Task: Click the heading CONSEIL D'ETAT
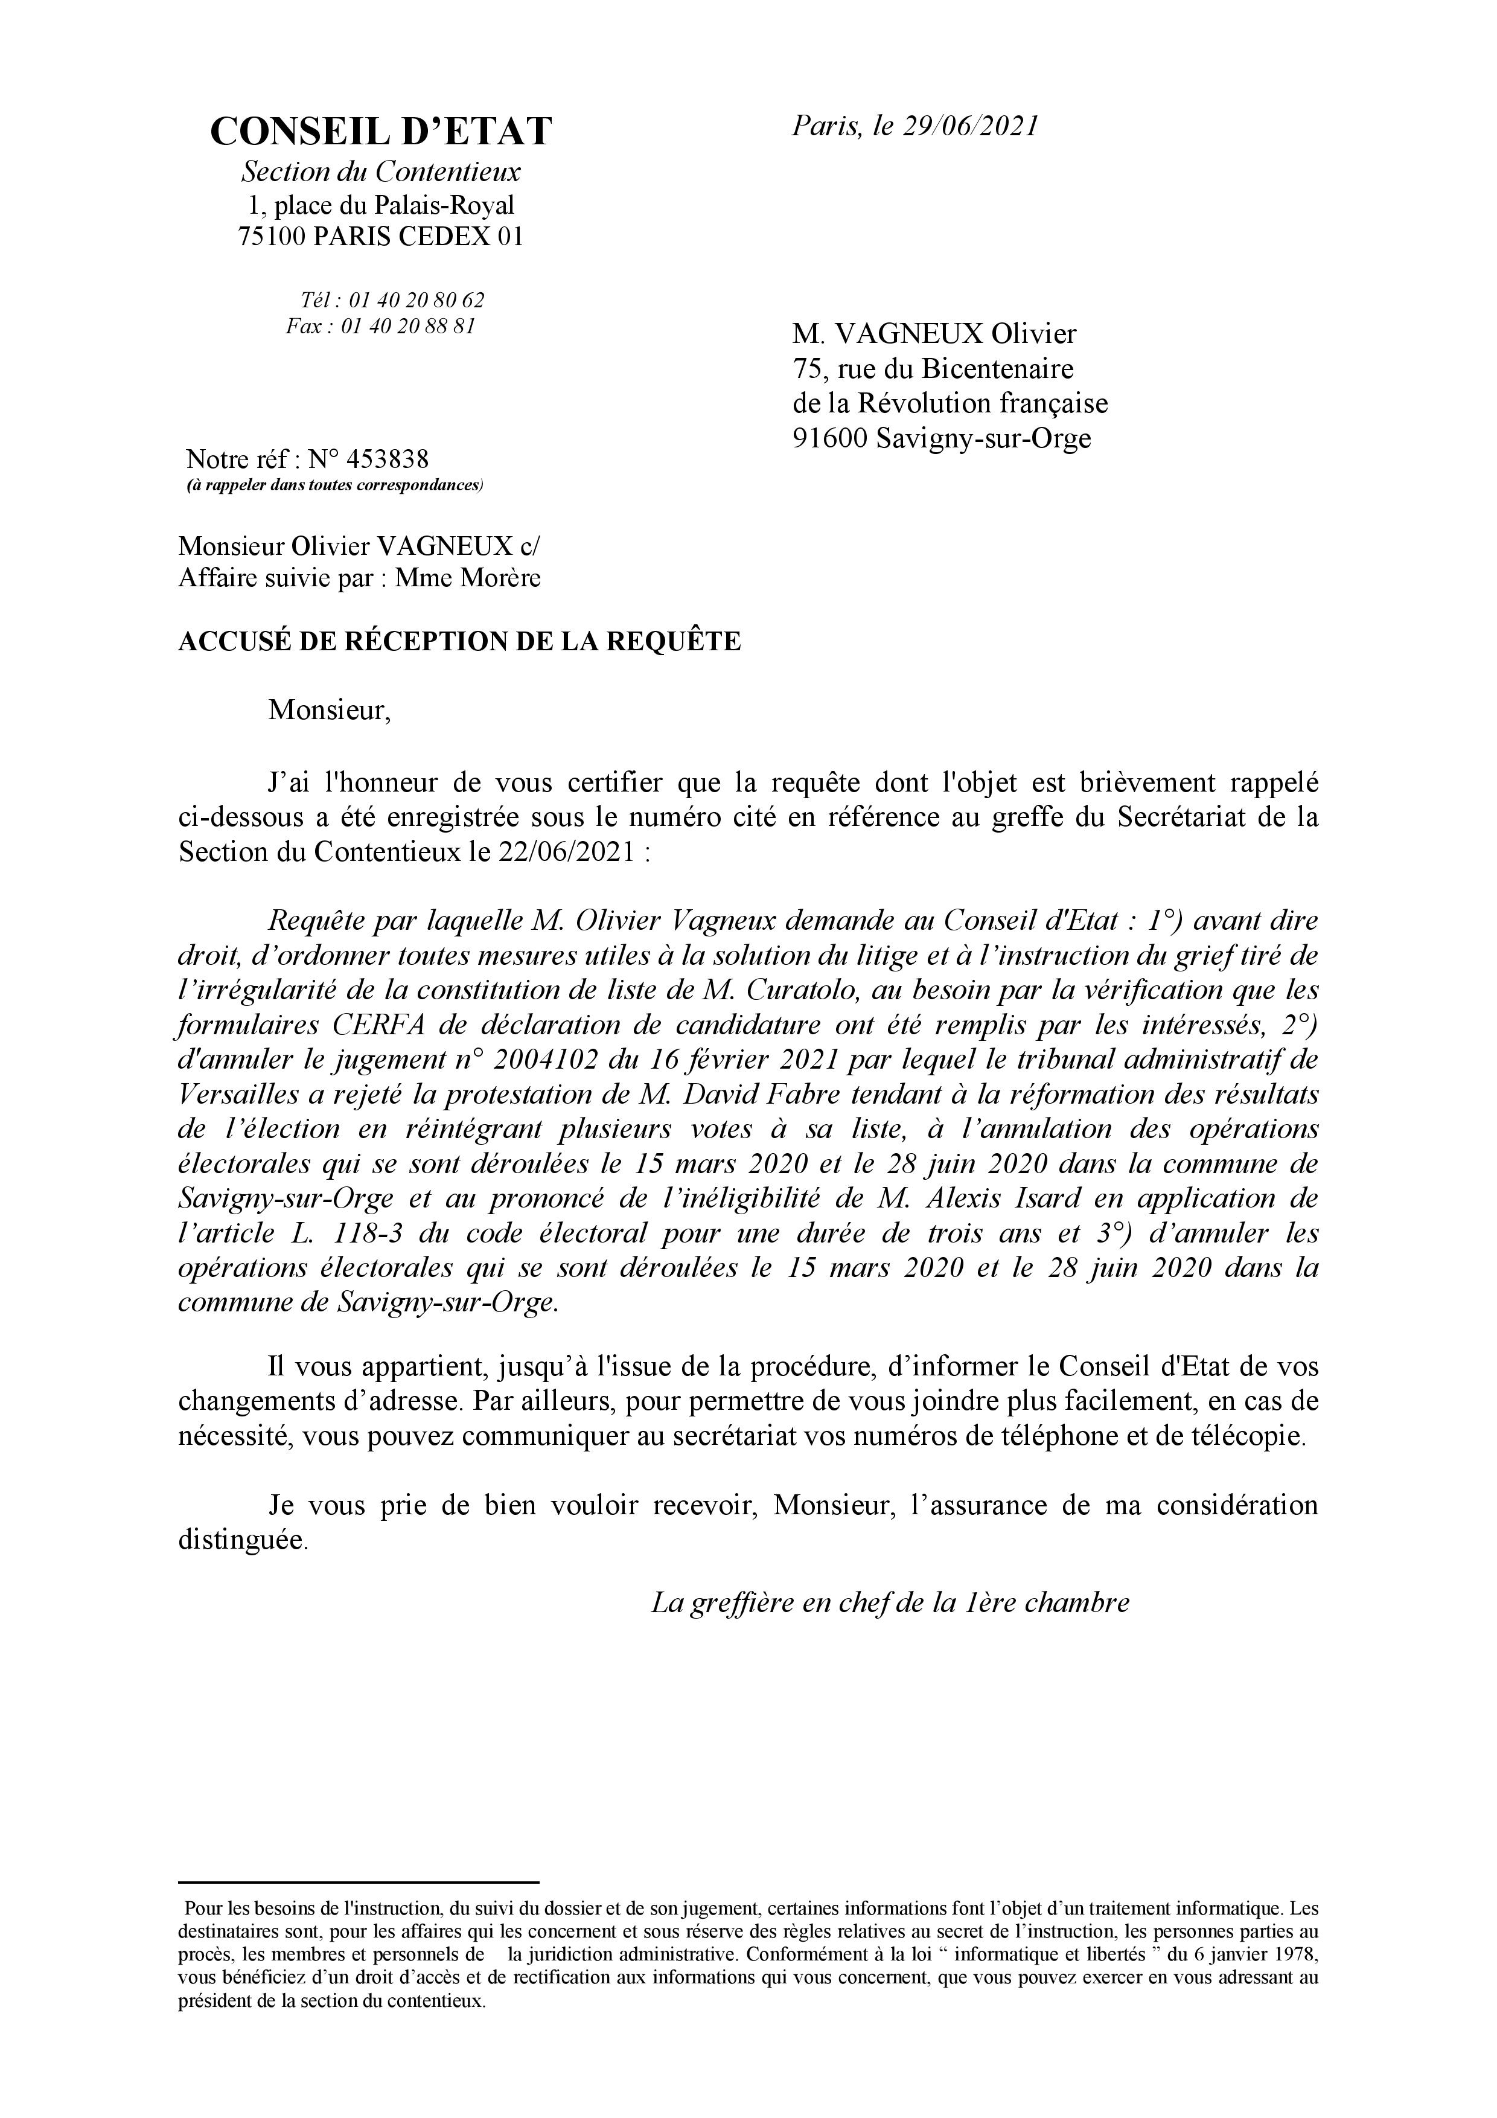click(x=380, y=132)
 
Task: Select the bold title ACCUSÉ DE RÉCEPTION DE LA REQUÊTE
click(x=458, y=642)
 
